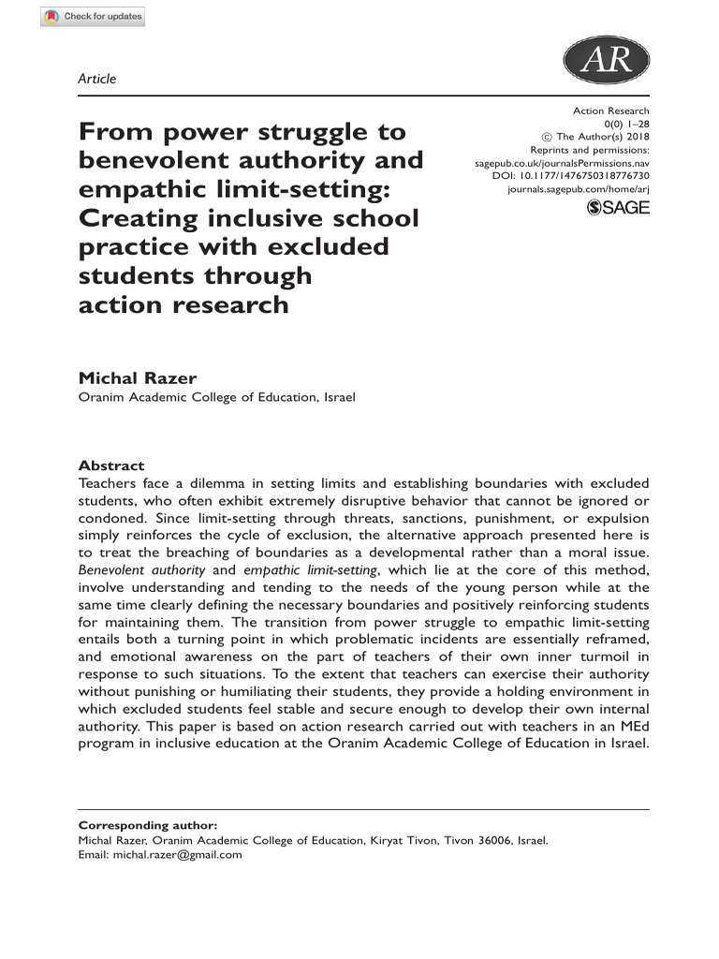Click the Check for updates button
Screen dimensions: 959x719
tap(93, 17)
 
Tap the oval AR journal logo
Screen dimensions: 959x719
tap(606, 62)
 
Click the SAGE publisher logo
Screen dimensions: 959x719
tap(617, 208)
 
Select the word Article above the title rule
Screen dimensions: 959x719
tap(97, 79)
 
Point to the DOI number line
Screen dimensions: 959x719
tap(570, 176)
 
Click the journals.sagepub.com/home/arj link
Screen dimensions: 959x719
tap(578, 189)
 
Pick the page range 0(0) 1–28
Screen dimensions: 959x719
tap(627, 124)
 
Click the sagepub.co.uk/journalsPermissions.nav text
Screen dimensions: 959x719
tap(562, 163)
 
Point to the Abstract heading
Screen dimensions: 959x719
tap(110, 465)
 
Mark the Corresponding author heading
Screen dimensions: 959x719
tap(147, 825)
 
